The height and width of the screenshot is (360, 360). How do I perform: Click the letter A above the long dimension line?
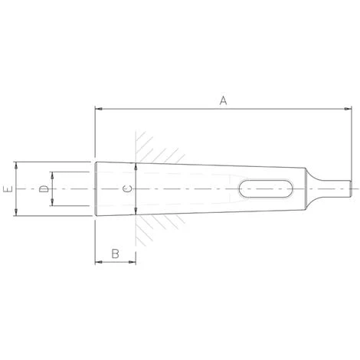(x=223, y=100)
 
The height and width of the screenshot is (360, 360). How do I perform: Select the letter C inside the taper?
(x=128, y=188)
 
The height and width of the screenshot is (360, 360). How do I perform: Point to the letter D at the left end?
(x=44, y=188)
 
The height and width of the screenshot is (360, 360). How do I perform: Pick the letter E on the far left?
(x=6, y=188)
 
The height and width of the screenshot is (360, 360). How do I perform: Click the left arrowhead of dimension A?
(x=98, y=109)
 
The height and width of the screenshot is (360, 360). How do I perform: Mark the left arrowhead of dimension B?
(x=98, y=262)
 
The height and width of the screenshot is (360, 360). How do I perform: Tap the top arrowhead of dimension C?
(x=135, y=166)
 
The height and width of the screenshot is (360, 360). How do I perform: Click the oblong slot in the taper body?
(x=267, y=188)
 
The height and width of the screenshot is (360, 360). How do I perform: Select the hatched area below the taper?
(x=153, y=226)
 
